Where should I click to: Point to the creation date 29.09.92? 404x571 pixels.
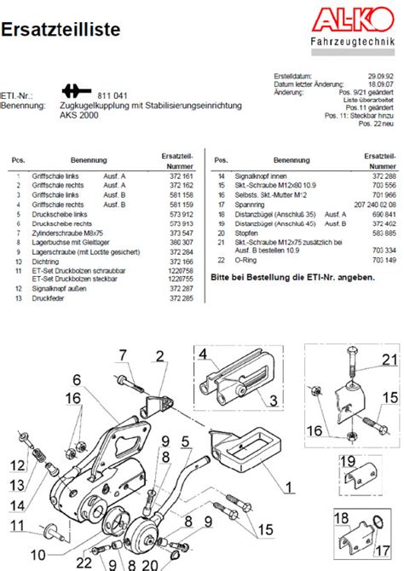[378, 76]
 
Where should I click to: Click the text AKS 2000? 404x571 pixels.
[78, 114]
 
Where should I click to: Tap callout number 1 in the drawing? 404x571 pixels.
[290, 487]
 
